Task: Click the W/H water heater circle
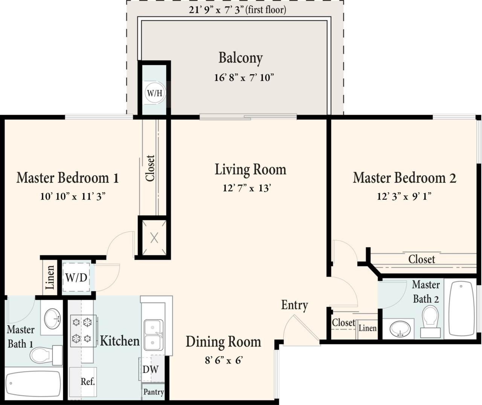pyautogui.click(x=154, y=93)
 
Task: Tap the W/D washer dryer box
pyautogui.click(x=76, y=278)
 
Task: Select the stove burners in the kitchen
pyautogui.click(x=82, y=330)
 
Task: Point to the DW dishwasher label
pyautogui.click(x=150, y=370)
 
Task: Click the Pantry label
pyautogui.click(x=153, y=392)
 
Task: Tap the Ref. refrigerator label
pyautogui.click(x=87, y=382)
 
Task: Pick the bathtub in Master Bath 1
pyautogui.click(x=33, y=384)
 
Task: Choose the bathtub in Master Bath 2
pyautogui.click(x=462, y=308)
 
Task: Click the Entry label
pyautogui.click(x=294, y=305)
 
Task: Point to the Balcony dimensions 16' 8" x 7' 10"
pyautogui.click(x=244, y=78)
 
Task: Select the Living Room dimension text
pyautogui.click(x=247, y=188)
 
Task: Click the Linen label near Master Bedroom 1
pyautogui.click(x=50, y=277)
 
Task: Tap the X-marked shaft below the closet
pyautogui.click(x=154, y=238)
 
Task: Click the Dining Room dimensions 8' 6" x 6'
pyautogui.click(x=224, y=360)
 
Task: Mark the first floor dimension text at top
pyautogui.click(x=237, y=9)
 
